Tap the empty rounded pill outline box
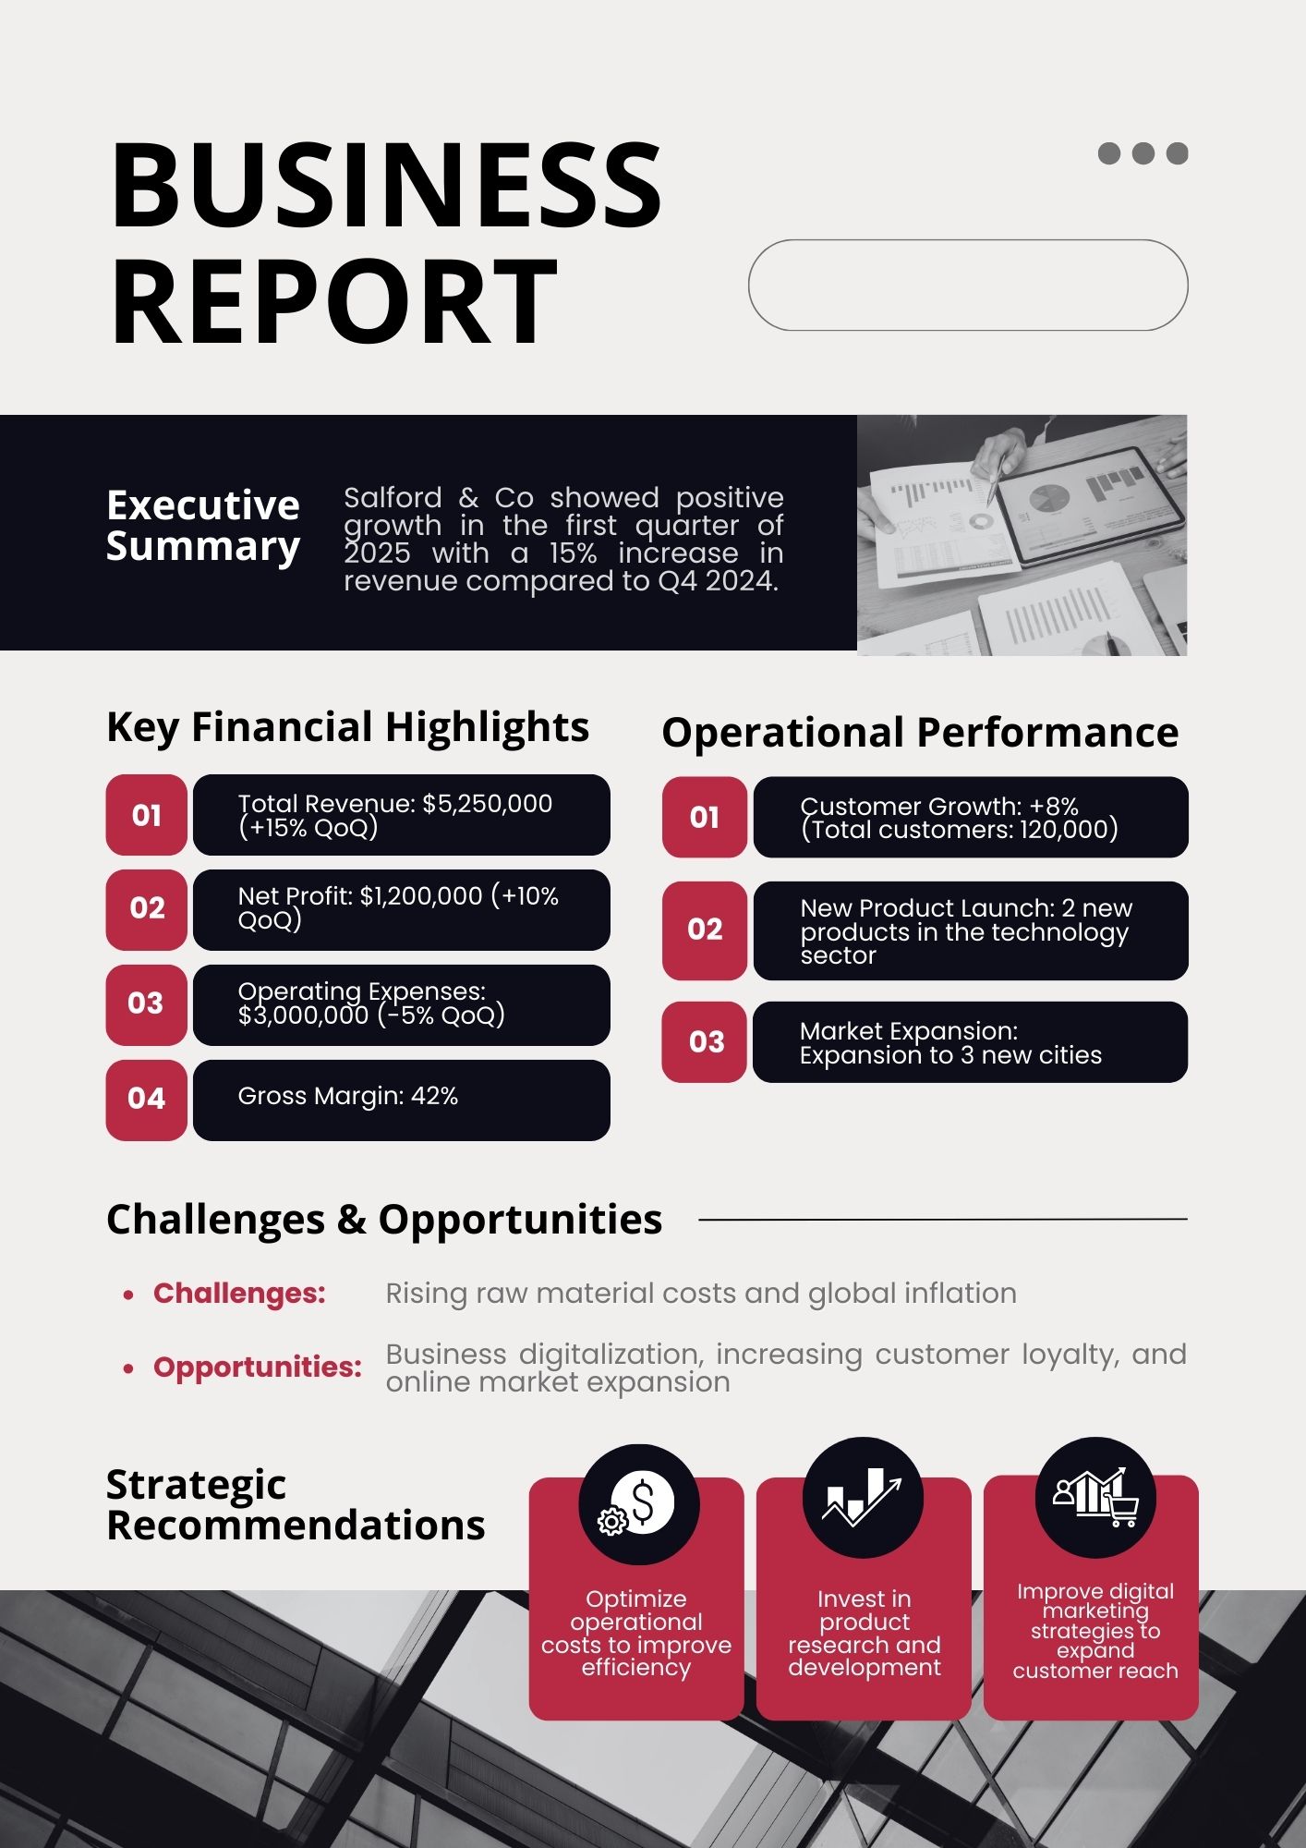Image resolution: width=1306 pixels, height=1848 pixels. click(967, 240)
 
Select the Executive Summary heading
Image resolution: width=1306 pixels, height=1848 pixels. click(203, 525)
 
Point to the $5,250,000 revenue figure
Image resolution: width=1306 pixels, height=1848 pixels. click(487, 803)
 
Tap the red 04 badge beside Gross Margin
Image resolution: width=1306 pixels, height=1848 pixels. click(147, 1099)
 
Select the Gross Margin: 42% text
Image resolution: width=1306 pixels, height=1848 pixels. click(348, 1096)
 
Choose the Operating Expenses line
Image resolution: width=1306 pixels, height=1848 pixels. click(371, 1003)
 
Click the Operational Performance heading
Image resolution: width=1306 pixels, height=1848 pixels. click(920, 733)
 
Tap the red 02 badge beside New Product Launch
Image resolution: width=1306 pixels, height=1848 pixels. click(705, 930)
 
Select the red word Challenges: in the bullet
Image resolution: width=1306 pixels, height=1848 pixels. click(239, 1294)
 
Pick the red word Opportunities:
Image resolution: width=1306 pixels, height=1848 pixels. click(258, 1367)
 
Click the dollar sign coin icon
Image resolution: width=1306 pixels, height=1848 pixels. click(638, 1504)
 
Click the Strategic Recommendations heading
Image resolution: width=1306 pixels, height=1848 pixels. click(296, 1505)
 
